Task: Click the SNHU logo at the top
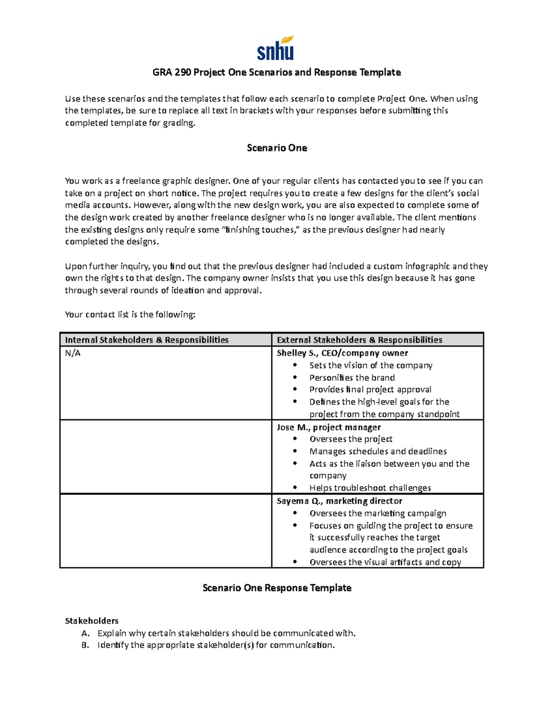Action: pos(276,48)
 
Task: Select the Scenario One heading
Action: pos(277,148)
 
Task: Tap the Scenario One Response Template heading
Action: pos(277,588)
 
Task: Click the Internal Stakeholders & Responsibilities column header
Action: pos(147,340)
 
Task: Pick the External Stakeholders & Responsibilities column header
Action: pos(359,340)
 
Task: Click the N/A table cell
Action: pos(73,353)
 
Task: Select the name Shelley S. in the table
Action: pos(297,353)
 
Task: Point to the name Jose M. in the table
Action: pos(293,428)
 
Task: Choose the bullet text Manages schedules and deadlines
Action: pos(378,452)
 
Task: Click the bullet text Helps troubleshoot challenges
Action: pos(370,488)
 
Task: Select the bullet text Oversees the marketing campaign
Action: pos(378,513)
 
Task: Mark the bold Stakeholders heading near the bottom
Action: pos(91,621)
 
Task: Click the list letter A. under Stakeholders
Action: pos(85,633)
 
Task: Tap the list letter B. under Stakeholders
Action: pos(85,645)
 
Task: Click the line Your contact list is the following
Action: pos(130,315)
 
